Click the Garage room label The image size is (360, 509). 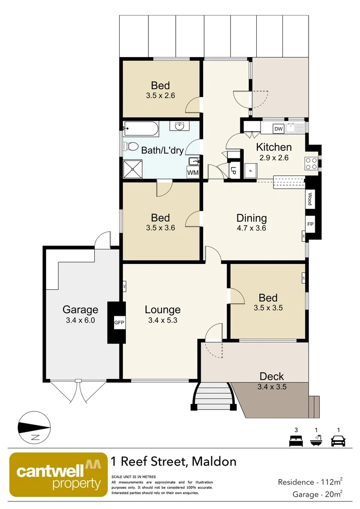coord(81,310)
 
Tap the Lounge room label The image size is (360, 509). coord(163,310)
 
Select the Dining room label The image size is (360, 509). coord(252,218)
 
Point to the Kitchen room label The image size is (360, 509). coord(274,147)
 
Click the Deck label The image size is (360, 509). coord(272,376)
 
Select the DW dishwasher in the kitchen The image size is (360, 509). coord(278,129)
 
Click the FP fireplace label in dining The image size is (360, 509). coord(311,224)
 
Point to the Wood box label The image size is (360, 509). coord(310,198)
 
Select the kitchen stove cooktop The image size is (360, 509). coord(311,163)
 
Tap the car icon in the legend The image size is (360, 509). coord(338,441)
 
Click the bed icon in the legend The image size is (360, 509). coord(295,441)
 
